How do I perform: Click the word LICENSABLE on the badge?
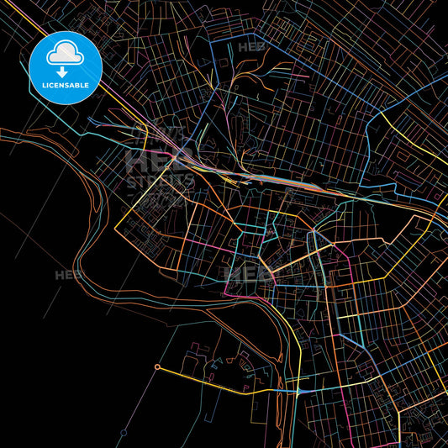click(x=66, y=87)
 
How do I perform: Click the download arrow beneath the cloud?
click(x=62, y=72)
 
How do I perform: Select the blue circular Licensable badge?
click(x=66, y=68)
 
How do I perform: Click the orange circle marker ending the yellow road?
click(x=157, y=367)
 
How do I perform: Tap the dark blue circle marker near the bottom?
click(x=124, y=432)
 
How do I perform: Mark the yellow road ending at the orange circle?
click(x=219, y=379)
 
